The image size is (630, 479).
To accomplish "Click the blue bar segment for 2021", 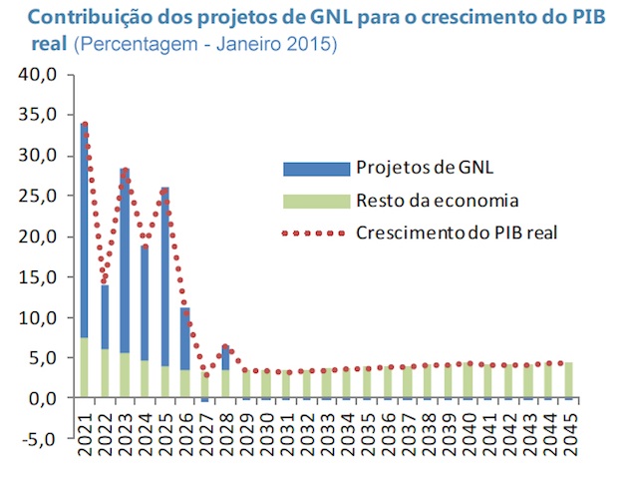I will click(x=85, y=230).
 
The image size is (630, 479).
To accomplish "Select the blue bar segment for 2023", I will click(x=125, y=259).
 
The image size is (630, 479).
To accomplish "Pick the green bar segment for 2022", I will click(x=105, y=373).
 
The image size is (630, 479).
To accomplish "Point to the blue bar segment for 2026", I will click(x=184, y=338).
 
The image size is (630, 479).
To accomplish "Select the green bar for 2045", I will click(x=568, y=380).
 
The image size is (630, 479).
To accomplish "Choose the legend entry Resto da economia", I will click(x=437, y=201).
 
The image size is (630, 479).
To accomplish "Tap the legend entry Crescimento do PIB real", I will click(x=456, y=234).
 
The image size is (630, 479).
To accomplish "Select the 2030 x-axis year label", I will click(x=265, y=431).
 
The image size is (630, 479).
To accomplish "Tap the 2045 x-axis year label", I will click(x=568, y=431).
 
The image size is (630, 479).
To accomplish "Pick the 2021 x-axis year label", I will click(x=85, y=431).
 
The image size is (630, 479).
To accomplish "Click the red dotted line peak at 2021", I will click(x=85, y=125).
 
